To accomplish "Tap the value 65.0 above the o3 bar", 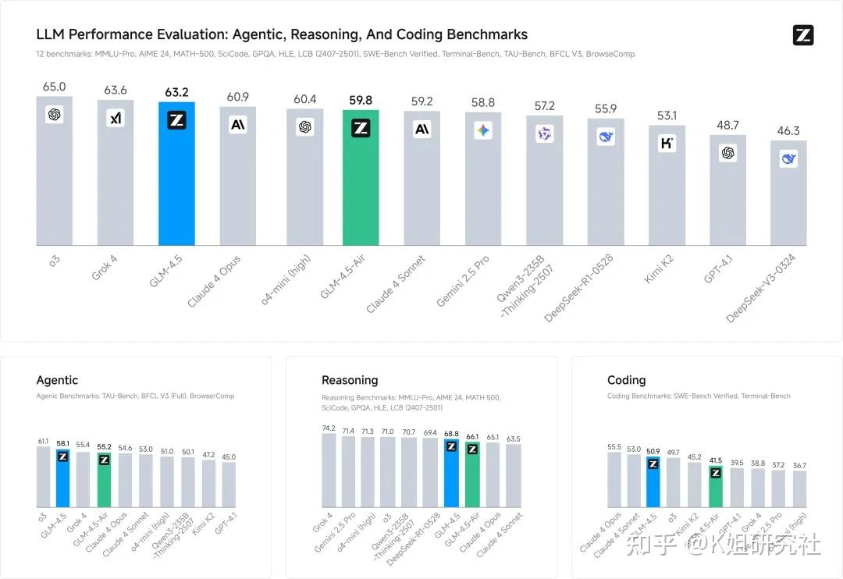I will pos(54,87).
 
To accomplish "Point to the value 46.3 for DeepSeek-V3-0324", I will pos(788,131).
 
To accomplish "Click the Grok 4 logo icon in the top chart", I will pos(116,118).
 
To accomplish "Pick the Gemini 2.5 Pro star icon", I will pos(483,130).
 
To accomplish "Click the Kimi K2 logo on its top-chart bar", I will pos(667,143).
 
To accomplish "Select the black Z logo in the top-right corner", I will pos(803,35).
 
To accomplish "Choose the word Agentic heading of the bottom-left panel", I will pos(57,380).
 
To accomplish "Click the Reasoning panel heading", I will pos(350,380).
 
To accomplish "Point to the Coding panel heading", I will pos(626,380).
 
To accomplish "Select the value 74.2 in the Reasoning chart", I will pos(329,428).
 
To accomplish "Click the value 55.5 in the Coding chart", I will pos(614,447).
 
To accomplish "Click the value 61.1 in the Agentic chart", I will pos(43,442).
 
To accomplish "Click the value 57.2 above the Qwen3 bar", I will pos(544,106).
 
